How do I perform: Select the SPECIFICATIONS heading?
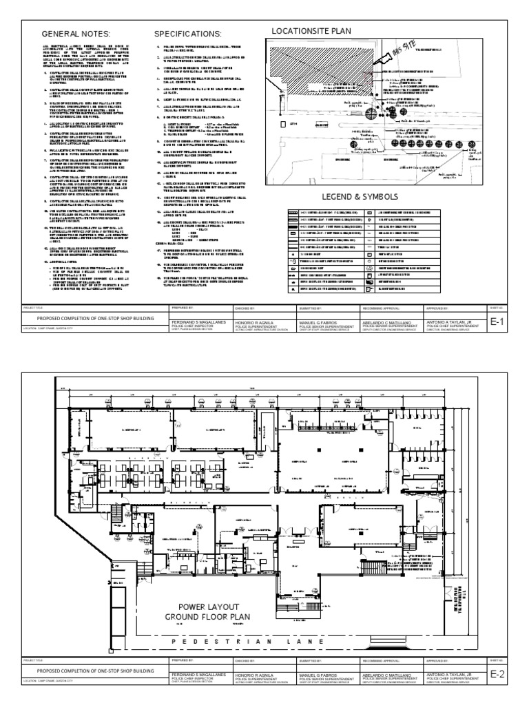[187, 34]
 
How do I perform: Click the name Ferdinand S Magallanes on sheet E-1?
[198, 320]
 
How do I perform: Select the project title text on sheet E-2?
[92, 670]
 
